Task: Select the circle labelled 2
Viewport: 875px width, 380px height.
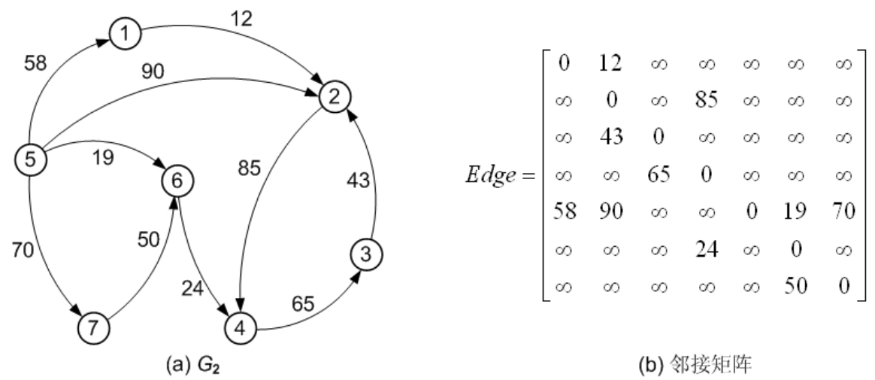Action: click(x=334, y=97)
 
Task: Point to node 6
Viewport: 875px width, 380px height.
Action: click(x=177, y=181)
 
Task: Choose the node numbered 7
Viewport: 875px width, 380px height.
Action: click(x=93, y=327)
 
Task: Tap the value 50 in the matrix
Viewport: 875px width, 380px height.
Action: click(x=795, y=287)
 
